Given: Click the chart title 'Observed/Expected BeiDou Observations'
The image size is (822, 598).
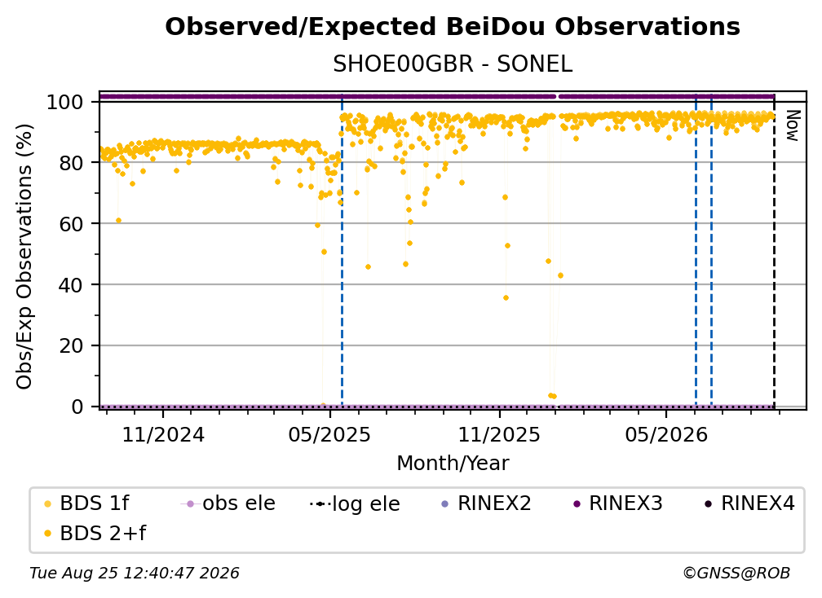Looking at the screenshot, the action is pos(453,27).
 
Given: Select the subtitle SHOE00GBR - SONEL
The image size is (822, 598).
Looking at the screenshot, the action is pos(453,64).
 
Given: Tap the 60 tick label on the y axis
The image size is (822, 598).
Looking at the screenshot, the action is pos(71,223).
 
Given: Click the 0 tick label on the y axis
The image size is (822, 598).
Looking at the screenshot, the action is pos(77,407).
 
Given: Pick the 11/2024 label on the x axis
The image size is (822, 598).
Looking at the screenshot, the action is pos(163,434).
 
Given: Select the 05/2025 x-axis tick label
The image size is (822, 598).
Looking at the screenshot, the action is pos(329,434).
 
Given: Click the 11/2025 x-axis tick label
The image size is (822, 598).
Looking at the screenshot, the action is pos(499,434).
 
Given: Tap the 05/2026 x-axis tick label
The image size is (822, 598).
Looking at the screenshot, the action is pos(665,434).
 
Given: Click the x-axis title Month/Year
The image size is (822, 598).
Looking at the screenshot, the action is pos(453,464).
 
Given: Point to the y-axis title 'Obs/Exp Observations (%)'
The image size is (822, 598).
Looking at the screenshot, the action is pos(24,256).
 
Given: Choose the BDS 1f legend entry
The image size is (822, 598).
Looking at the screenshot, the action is pos(86,503).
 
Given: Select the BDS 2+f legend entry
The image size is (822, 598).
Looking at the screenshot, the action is pos(95,533).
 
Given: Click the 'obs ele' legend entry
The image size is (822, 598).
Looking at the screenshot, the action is pos(228,503).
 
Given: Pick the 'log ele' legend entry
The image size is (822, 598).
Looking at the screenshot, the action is pos(355,503).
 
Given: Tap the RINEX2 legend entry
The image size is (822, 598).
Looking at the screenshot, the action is pos(487,503).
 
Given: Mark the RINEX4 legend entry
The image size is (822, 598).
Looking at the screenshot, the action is pos(749,503).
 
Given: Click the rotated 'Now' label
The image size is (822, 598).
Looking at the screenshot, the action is pos(792,125).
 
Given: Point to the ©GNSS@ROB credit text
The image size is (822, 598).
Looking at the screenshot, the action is pos(736,574).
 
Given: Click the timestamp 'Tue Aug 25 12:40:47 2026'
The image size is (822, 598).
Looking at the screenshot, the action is pos(135,574).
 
